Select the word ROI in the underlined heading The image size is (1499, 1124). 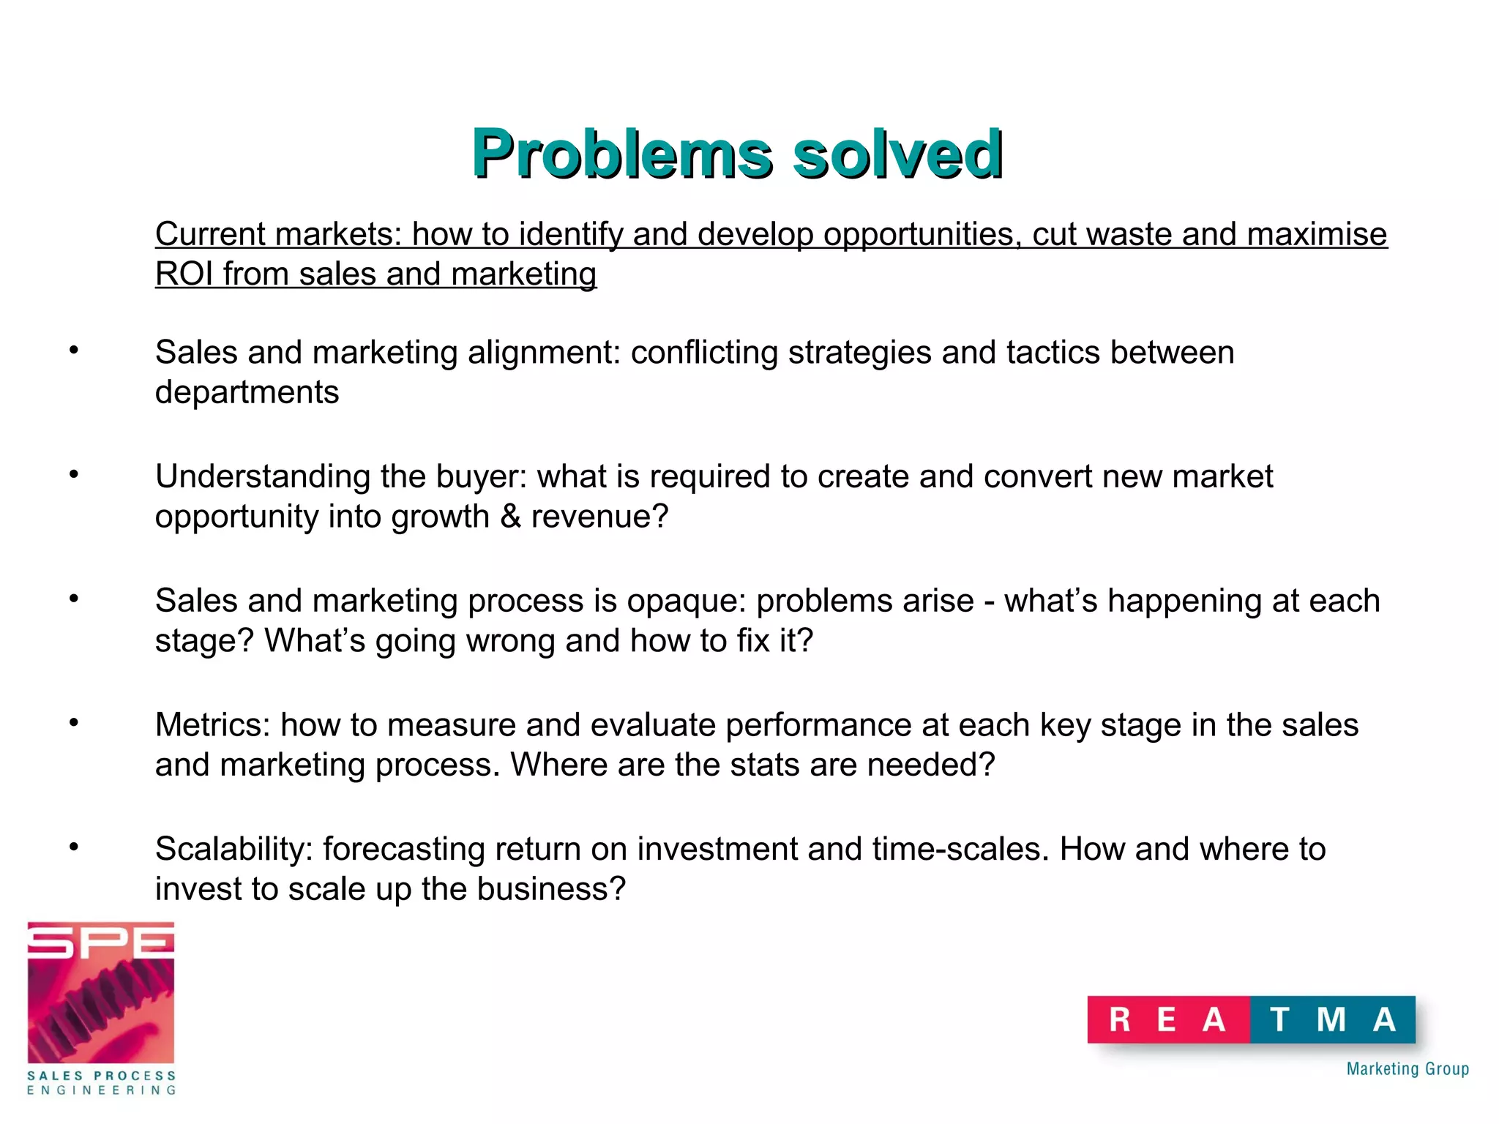(184, 274)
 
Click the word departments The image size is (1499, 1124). (247, 393)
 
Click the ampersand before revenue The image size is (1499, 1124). (510, 517)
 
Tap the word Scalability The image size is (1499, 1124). (234, 850)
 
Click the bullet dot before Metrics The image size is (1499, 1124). (74, 723)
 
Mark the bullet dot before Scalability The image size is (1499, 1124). (74, 847)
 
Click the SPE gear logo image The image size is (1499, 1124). (101, 994)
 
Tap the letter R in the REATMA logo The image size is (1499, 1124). (1119, 1019)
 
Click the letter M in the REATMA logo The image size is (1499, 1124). (1331, 1019)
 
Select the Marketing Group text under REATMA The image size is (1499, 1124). (1408, 1069)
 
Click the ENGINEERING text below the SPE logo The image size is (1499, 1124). (101, 1090)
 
